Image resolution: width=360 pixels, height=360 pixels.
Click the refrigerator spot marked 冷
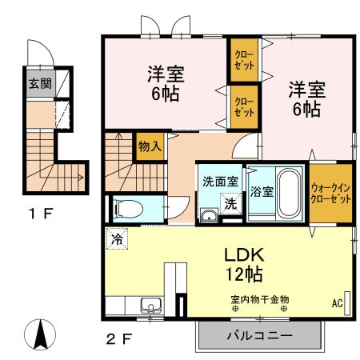pos(118,238)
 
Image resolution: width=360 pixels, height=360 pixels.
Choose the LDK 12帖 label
pos(240,265)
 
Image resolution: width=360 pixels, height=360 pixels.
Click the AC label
pos(336,303)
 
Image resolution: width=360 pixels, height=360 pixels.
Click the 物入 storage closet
pos(149,146)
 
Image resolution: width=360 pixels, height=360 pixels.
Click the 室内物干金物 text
pos(260,300)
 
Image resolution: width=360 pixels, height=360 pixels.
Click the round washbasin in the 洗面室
pos(210,214)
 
